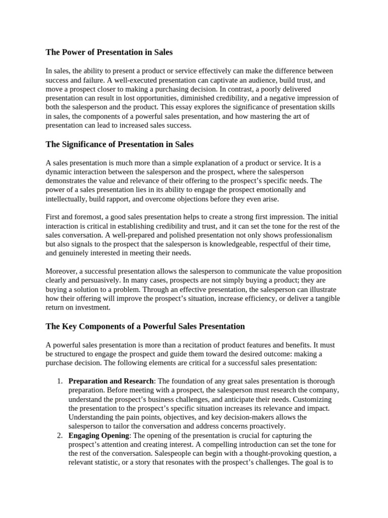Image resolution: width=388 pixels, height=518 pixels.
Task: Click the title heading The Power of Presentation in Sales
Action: (109, 52)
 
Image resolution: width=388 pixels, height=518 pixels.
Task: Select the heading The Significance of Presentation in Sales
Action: (120, 144)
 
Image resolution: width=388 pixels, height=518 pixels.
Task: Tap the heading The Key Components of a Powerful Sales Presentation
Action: (145, 326)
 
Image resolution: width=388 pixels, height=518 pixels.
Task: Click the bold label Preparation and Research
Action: (111, 381)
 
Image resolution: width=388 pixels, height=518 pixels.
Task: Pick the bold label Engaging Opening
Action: (99, 436)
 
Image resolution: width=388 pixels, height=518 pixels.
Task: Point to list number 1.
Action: (59, 381)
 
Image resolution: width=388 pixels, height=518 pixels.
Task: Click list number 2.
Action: (59, 436)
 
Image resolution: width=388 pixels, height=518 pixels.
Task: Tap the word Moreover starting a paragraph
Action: (62, 271)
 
